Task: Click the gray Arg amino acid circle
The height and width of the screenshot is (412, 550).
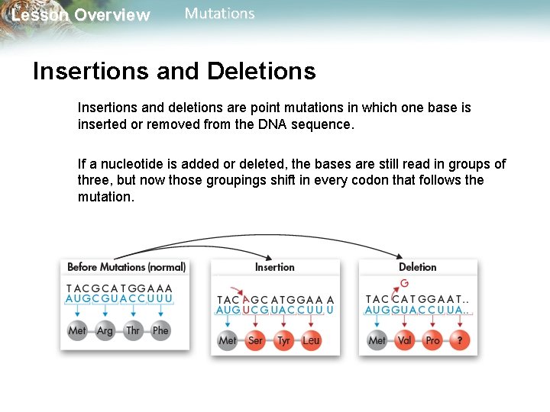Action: click(x=105, y=330)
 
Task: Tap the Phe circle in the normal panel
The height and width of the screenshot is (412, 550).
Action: click(x=160, y=330)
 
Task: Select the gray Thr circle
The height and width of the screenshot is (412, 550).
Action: click(x=133, y=330)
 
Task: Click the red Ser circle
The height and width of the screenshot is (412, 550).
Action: click(x=255, y=340)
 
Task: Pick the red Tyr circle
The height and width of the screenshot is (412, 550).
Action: click(x=283, y=340)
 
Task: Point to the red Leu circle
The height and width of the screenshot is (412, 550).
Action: click(x=311, y=340)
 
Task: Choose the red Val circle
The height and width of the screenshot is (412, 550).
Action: click(x=405, y=340)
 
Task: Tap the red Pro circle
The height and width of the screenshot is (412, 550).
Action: click(x=432, y=340)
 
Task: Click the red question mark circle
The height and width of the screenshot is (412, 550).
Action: click(x=460, y=340)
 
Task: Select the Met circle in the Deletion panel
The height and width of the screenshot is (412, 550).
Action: click(x=377, y=340)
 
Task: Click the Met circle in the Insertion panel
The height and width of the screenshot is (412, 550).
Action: click(x=228, y=340)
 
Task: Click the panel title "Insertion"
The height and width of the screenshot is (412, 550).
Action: click(x=274, y=267)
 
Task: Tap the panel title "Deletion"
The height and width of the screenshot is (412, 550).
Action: click(x=418, y=267)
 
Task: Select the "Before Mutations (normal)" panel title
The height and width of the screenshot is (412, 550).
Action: click(x=126, y=267)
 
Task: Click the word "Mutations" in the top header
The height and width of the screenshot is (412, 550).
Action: click(x=220, y=14)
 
